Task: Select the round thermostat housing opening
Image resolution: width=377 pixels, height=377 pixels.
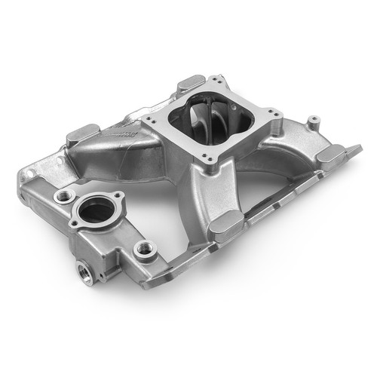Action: click(x=97, y=212)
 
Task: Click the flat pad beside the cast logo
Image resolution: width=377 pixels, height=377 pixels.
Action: click(x=82, y=136)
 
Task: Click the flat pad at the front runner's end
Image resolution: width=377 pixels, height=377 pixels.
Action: click(x=225, y=224)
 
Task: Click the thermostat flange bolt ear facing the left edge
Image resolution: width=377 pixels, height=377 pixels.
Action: click(x=74, y=223)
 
